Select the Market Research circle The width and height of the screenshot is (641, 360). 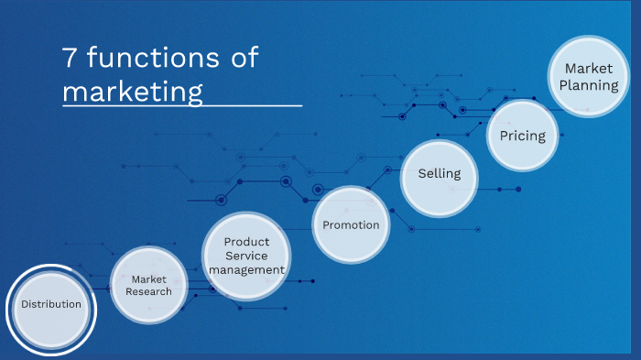[x=149, y=285]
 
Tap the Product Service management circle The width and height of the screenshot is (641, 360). [x=246, y=256]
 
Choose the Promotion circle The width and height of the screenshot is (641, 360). [x=351, y=224]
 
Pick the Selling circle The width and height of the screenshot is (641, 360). [x=440, y=174]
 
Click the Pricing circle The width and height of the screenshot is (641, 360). [x=522, y=136]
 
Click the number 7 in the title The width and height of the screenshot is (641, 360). [x=70, y=59]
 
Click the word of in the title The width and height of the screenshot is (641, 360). [x=240, y=59]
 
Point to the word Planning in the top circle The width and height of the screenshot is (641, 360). [x=591, y=85]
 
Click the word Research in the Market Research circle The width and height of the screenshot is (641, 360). [x=149, y=291]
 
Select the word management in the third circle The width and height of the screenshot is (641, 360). [x=246, y=270]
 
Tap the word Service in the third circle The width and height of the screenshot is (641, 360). [x=246, y=256]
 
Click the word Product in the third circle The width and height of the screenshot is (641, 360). [x=246, y=242]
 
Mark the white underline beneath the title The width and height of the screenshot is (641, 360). [x=182, y=106]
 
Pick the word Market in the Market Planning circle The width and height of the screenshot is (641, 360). [x=589, y=69]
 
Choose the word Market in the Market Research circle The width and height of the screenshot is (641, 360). [x=149, y=279]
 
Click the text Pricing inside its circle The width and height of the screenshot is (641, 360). [x=522, y=136]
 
